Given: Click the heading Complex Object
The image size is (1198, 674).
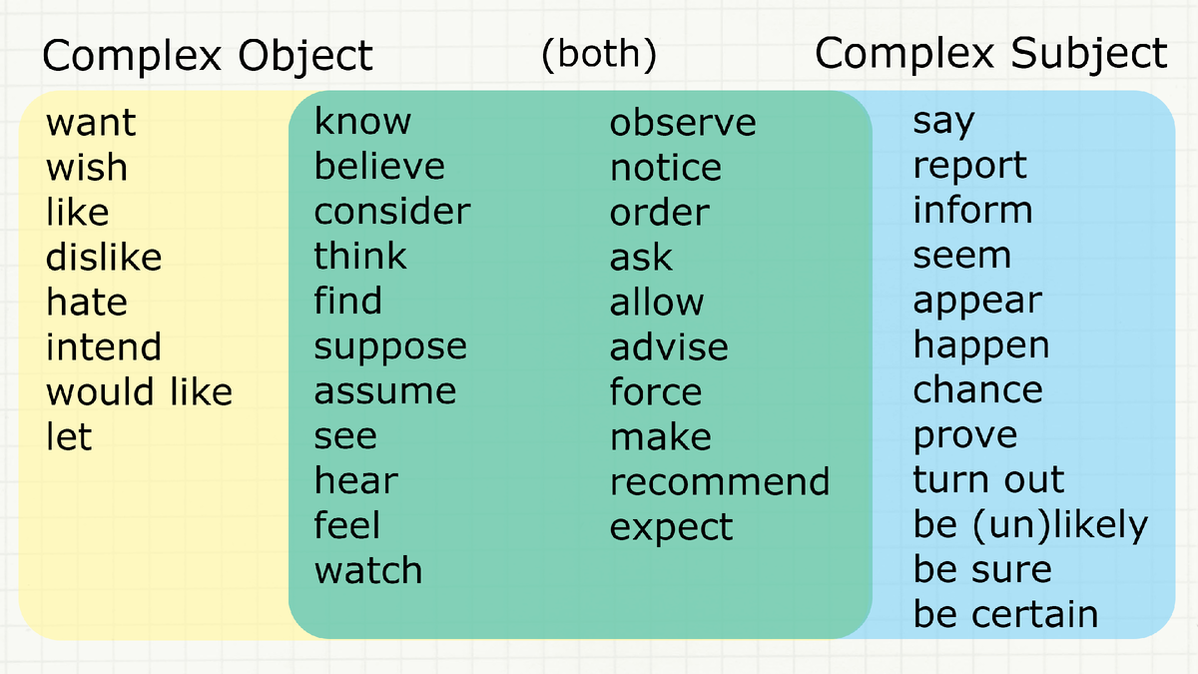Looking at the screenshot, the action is click(208, 56).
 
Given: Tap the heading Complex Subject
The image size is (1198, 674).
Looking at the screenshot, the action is click(990, 54).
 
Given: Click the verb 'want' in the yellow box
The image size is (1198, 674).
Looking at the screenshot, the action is click(91, 124).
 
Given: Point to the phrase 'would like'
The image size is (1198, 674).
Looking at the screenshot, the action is click(139, 391).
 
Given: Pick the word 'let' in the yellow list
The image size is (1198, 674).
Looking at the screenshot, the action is click(69, 436).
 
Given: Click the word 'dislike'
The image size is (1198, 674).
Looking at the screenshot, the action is click(104, 258).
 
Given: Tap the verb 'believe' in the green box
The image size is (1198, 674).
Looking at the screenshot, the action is click(379, 166).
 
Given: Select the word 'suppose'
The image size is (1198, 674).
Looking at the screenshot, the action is click(390, 347).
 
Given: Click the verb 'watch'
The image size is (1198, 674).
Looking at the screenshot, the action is click(368, 571).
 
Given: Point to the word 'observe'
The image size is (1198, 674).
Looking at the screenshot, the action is click(683, 123).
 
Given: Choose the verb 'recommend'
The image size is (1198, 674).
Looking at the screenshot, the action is click(720, 482).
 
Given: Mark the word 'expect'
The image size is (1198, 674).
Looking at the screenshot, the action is click(671, 528).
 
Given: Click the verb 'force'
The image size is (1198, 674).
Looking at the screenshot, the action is click(655, 391).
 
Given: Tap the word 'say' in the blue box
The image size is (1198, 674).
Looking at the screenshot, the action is click(943, 123).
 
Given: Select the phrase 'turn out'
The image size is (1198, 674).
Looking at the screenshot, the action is click(988, 480).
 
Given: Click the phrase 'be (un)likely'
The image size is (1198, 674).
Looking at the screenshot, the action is click(1030, 525).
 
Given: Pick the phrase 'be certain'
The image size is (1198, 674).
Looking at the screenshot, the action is click(1005, 615).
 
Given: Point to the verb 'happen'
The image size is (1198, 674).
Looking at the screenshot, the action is click(980, 346).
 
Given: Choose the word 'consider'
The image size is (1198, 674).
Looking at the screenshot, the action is click(391, 212).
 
